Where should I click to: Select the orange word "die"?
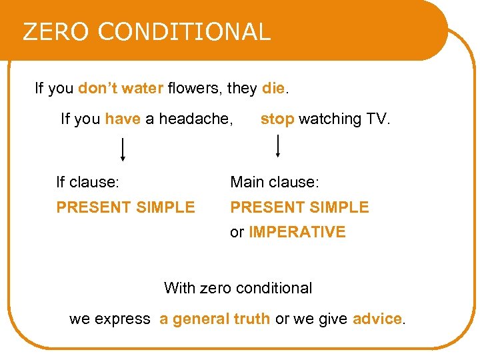tap(273, 88)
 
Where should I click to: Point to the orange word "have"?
tap(123, 119)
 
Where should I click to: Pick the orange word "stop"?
tap(277, 119)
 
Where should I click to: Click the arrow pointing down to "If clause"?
tap(123, 149)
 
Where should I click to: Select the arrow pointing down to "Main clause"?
tap(277, 145)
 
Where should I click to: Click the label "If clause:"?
tap(87, 182)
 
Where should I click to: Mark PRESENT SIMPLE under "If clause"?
tap(125, 207)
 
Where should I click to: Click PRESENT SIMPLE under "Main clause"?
tap(299, 207)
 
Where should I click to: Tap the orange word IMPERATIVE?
tap(297, 233)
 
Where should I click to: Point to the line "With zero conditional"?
tap(238, 289)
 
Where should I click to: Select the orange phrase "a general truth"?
tap(215, 319)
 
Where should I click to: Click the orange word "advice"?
tap(377, 319)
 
